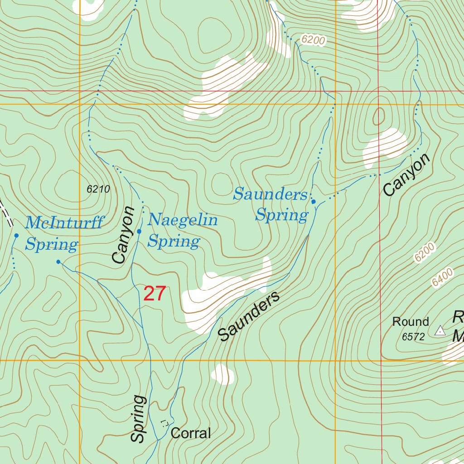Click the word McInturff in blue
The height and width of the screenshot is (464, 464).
click(x=64, y=223)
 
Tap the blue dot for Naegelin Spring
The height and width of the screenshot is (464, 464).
click(x=139, y=232)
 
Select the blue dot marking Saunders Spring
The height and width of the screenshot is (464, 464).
click(x=313, y=201)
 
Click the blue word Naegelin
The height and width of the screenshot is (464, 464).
click(x=183, y=221)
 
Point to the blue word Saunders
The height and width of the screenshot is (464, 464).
click(x=271, y=195)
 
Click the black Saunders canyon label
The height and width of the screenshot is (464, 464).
click(x=249, y=317)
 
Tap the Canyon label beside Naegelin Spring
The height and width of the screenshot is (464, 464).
click(x=123, y=235)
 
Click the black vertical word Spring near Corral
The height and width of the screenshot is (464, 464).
click(x=139, y=419)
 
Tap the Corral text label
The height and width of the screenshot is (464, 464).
click(x=191, y=433)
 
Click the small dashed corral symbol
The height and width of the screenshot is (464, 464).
click(x=165, y=422)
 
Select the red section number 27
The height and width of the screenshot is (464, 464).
click(x=155, y=294)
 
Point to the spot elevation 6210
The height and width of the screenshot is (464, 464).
click(x=98, y=189)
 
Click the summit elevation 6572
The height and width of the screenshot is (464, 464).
click(x=413, y=337)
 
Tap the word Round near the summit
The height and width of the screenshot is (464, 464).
click(x=411, y=322)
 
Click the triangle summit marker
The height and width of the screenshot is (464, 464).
click(x=440, y=331)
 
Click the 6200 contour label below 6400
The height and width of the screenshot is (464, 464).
click(x=424, y=252)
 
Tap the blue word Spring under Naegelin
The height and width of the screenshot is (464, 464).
click(x=174, y=242)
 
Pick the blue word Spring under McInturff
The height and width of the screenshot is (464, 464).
click(x=52, y=245)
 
